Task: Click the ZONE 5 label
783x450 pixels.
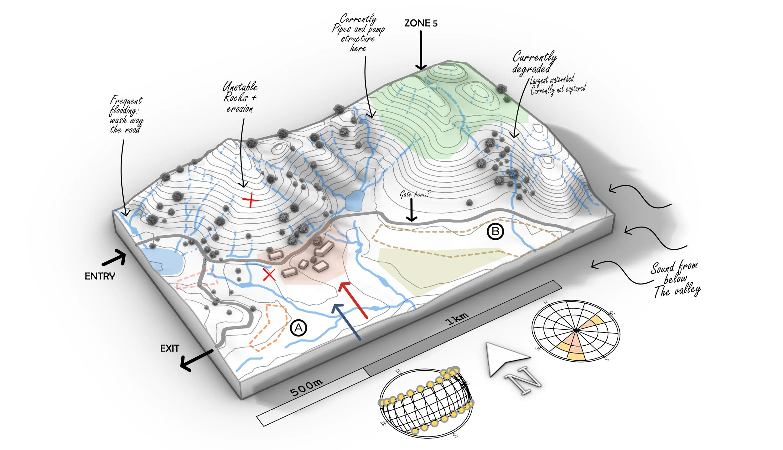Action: pyautogui.click(x=421, y=23)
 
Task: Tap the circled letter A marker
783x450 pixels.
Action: pyautogui.click(x=298, y=328)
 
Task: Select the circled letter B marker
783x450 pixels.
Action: pyautogui.click(x=495, y=231)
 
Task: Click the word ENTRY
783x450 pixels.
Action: pyautogui.click(x=100, y=276)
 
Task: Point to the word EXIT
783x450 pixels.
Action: pyautogui.click(x=169, y=348)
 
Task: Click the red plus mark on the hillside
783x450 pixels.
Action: pyautogui.click(x=251, y=200)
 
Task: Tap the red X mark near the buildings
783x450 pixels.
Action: pyautogui.click(x=269, y=275)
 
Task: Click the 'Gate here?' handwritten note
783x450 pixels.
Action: pyautogui.click(x=415, y=194)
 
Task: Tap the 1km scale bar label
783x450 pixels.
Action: pyautogui.click(x=457, y=318)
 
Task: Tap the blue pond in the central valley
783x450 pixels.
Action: pyautogui.click(x=354, y=201)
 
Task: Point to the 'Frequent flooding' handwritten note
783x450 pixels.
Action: pyautogui.click(x=126, y=115)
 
